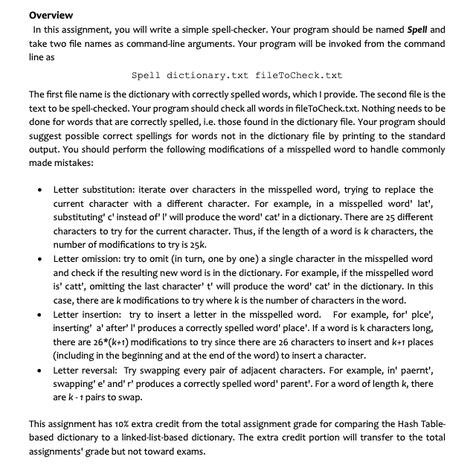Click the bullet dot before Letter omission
39,259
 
